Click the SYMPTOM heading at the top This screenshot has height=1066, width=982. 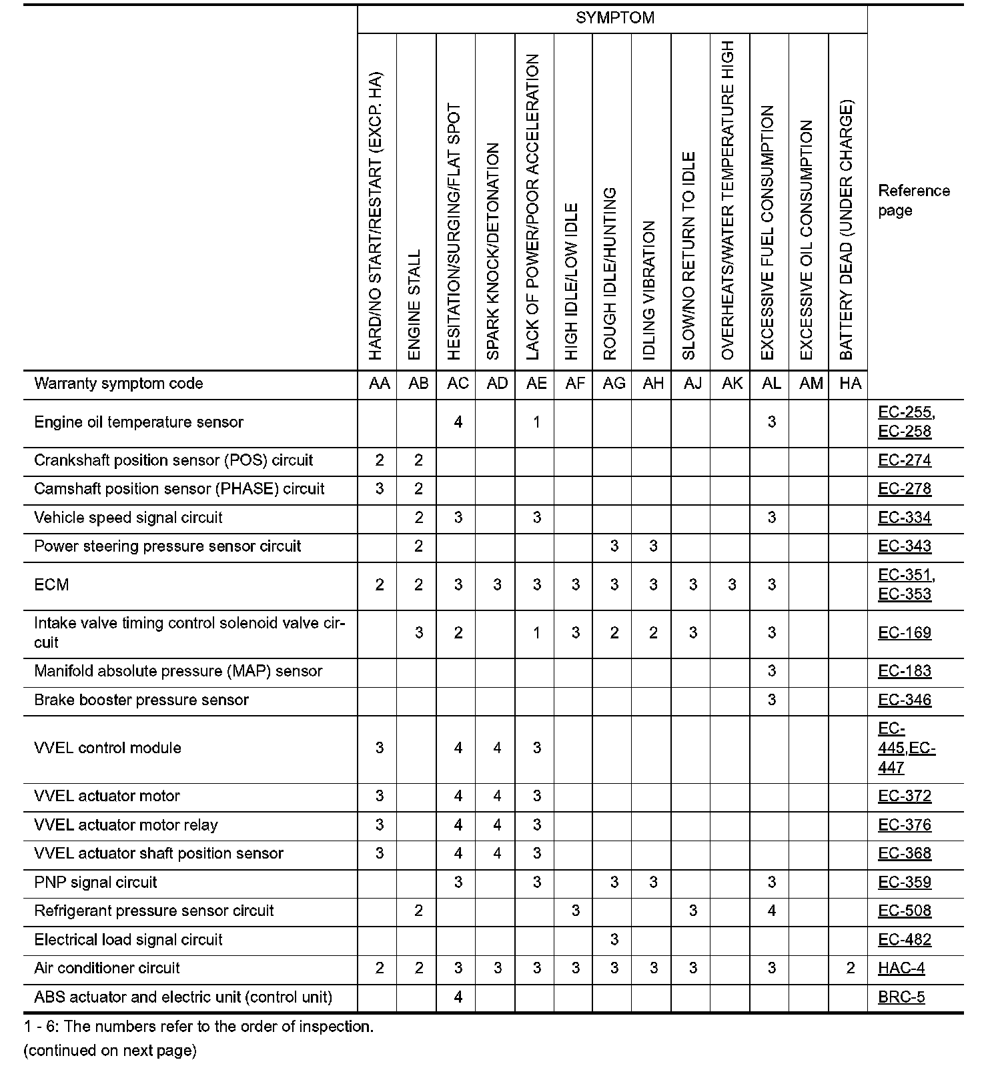click(614, 18)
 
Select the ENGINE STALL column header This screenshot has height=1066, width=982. click(415, 305)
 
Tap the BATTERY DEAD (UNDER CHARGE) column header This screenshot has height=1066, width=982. click(847, 230)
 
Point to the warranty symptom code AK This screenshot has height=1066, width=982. click(732, 384)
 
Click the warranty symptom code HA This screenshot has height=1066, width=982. click(850, 384)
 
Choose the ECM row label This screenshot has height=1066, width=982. click(51, 585)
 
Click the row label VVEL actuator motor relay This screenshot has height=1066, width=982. click(126, 825)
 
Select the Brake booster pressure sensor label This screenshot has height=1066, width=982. click(141, 700)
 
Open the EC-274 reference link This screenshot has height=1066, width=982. click(905, 460)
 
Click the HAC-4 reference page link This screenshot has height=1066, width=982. click(901, 969)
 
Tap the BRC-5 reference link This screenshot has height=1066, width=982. click(901, 997)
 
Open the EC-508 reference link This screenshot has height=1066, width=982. click(905, 911)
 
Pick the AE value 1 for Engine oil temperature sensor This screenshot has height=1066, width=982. click(536, 422)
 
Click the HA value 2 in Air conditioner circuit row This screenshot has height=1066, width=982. click(850, 969)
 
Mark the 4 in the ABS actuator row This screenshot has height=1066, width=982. click(458, 997)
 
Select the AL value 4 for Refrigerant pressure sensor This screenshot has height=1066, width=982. click(771, 911)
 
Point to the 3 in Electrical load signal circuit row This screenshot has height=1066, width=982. click(614, 940)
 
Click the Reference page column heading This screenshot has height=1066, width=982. click(913, 200)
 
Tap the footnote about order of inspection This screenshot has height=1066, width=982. click(199, 1027)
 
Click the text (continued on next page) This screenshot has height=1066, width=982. click(110, 1051)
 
